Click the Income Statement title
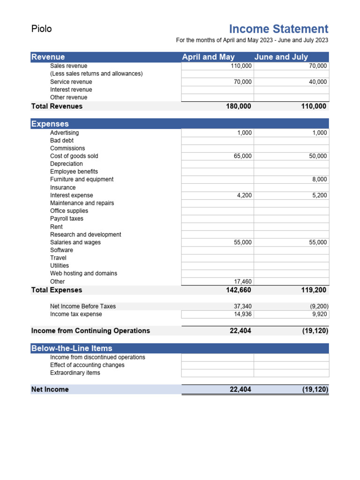click(278, 29)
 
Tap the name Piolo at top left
click(41, 29)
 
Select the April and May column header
click(208, 57)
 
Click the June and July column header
click(281, 57)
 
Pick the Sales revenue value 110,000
click(241, 66)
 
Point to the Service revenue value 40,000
click(318, 82)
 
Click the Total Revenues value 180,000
click(239, 106)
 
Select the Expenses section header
click(50, 124)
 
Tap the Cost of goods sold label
click(74, 156)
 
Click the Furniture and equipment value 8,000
click(320, 180)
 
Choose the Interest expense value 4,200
click(244, 195)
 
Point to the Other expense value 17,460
click(243, 282)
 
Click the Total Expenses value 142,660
click(239, 290)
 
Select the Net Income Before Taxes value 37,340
click(243, 307)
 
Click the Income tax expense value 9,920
click(320, 314)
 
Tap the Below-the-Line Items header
click(72, 348)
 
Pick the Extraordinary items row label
click(75, 373)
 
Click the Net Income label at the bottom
click(50, 390)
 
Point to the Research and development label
click(85, 234)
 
